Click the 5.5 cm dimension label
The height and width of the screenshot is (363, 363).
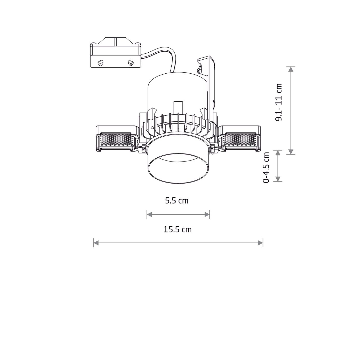[177, 201]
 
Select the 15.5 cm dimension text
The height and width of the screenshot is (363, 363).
[178, 229]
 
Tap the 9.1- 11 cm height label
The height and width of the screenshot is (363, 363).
[279, 102]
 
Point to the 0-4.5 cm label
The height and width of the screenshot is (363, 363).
[266, 167]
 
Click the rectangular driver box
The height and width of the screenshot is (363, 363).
[115, 56]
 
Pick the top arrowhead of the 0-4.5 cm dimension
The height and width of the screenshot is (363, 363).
[278, 153]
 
